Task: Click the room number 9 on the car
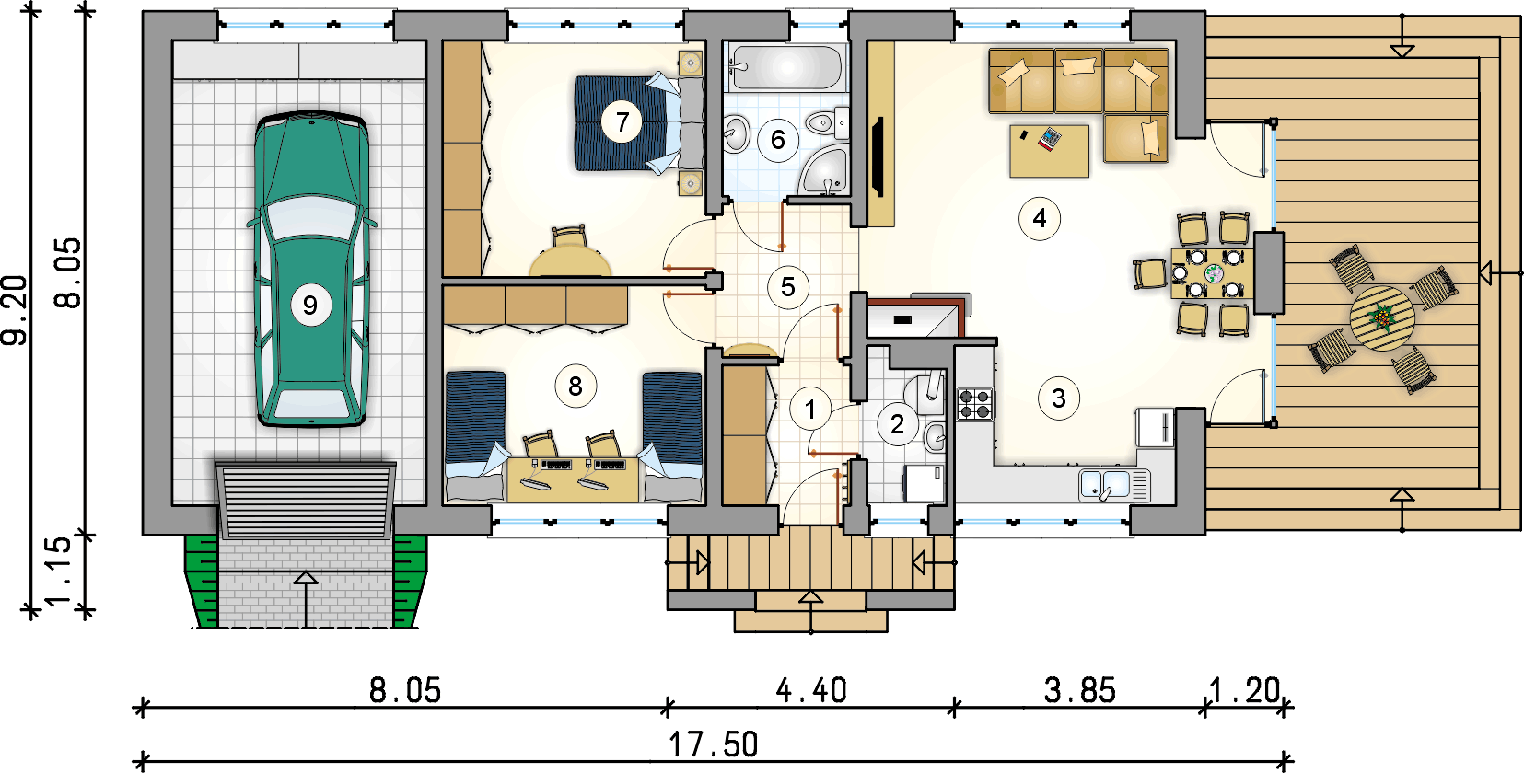pyautogui.click(x=311, y=306)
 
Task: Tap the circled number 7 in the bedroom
pyautogui.click(x=622, y=121)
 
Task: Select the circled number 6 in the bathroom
pyautogui.click(x=777, y=140)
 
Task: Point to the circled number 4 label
pyautogui.click(x=1040, y=218)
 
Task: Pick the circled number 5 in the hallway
pyautogui.click(x=788, y=287)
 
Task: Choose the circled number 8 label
pyautogui.click(x=576, y=386)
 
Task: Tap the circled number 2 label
pyautogui.click(x=898, y=424)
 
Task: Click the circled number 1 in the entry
pyautogui.click(x=810, y=410)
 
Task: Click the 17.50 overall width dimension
pyautogui.click(x=713, y=744)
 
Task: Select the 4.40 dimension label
pyautogui.click(x=811, y=691)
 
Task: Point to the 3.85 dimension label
pyautogui.click(x=1080, y=691)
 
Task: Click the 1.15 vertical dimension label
pyautogui.click(x=57, y=571)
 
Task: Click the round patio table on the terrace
pyautogui.click(x=1382, y=317)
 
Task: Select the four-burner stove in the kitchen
pyautogui.click(x=975, y=403)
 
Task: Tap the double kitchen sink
pyautogui.click(x=1114, y=485)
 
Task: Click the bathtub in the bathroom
pyautogui.click(x=786, y=66)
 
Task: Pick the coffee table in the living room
pyautogui.click(x=1049, y=151)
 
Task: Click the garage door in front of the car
pyautogui.click(x=306, y=500)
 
